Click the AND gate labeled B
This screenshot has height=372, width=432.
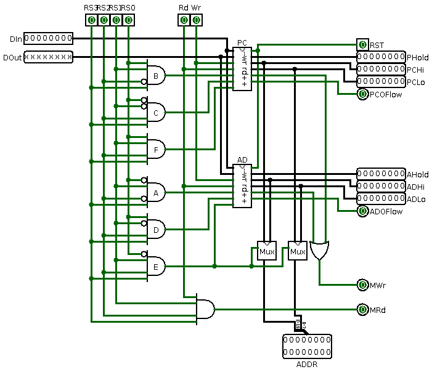coord(157,76)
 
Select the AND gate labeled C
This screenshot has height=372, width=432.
coord(157,113)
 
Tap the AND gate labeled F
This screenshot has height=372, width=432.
coord(157,149)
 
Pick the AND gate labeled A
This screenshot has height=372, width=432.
coord(157,193)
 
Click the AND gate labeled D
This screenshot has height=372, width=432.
coord(157,230)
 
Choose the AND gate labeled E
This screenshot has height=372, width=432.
coord(157,267)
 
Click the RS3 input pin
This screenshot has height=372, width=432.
coord(91,20)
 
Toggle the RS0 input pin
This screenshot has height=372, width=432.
coord(128,20)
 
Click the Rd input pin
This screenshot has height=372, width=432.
coord(184,20)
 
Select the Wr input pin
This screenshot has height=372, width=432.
coord(196,20)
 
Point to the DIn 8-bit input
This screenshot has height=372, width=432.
coord(48,39)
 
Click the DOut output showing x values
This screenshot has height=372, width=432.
coord(48,57)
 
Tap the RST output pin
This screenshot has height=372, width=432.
coord(362,45)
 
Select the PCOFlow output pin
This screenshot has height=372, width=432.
coord(362,94)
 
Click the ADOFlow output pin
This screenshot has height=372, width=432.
coord(362,211)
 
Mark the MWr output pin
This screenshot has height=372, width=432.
coord(362,285)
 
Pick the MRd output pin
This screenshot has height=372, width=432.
coord(362,310)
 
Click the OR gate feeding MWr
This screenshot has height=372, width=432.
coord(320,250)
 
